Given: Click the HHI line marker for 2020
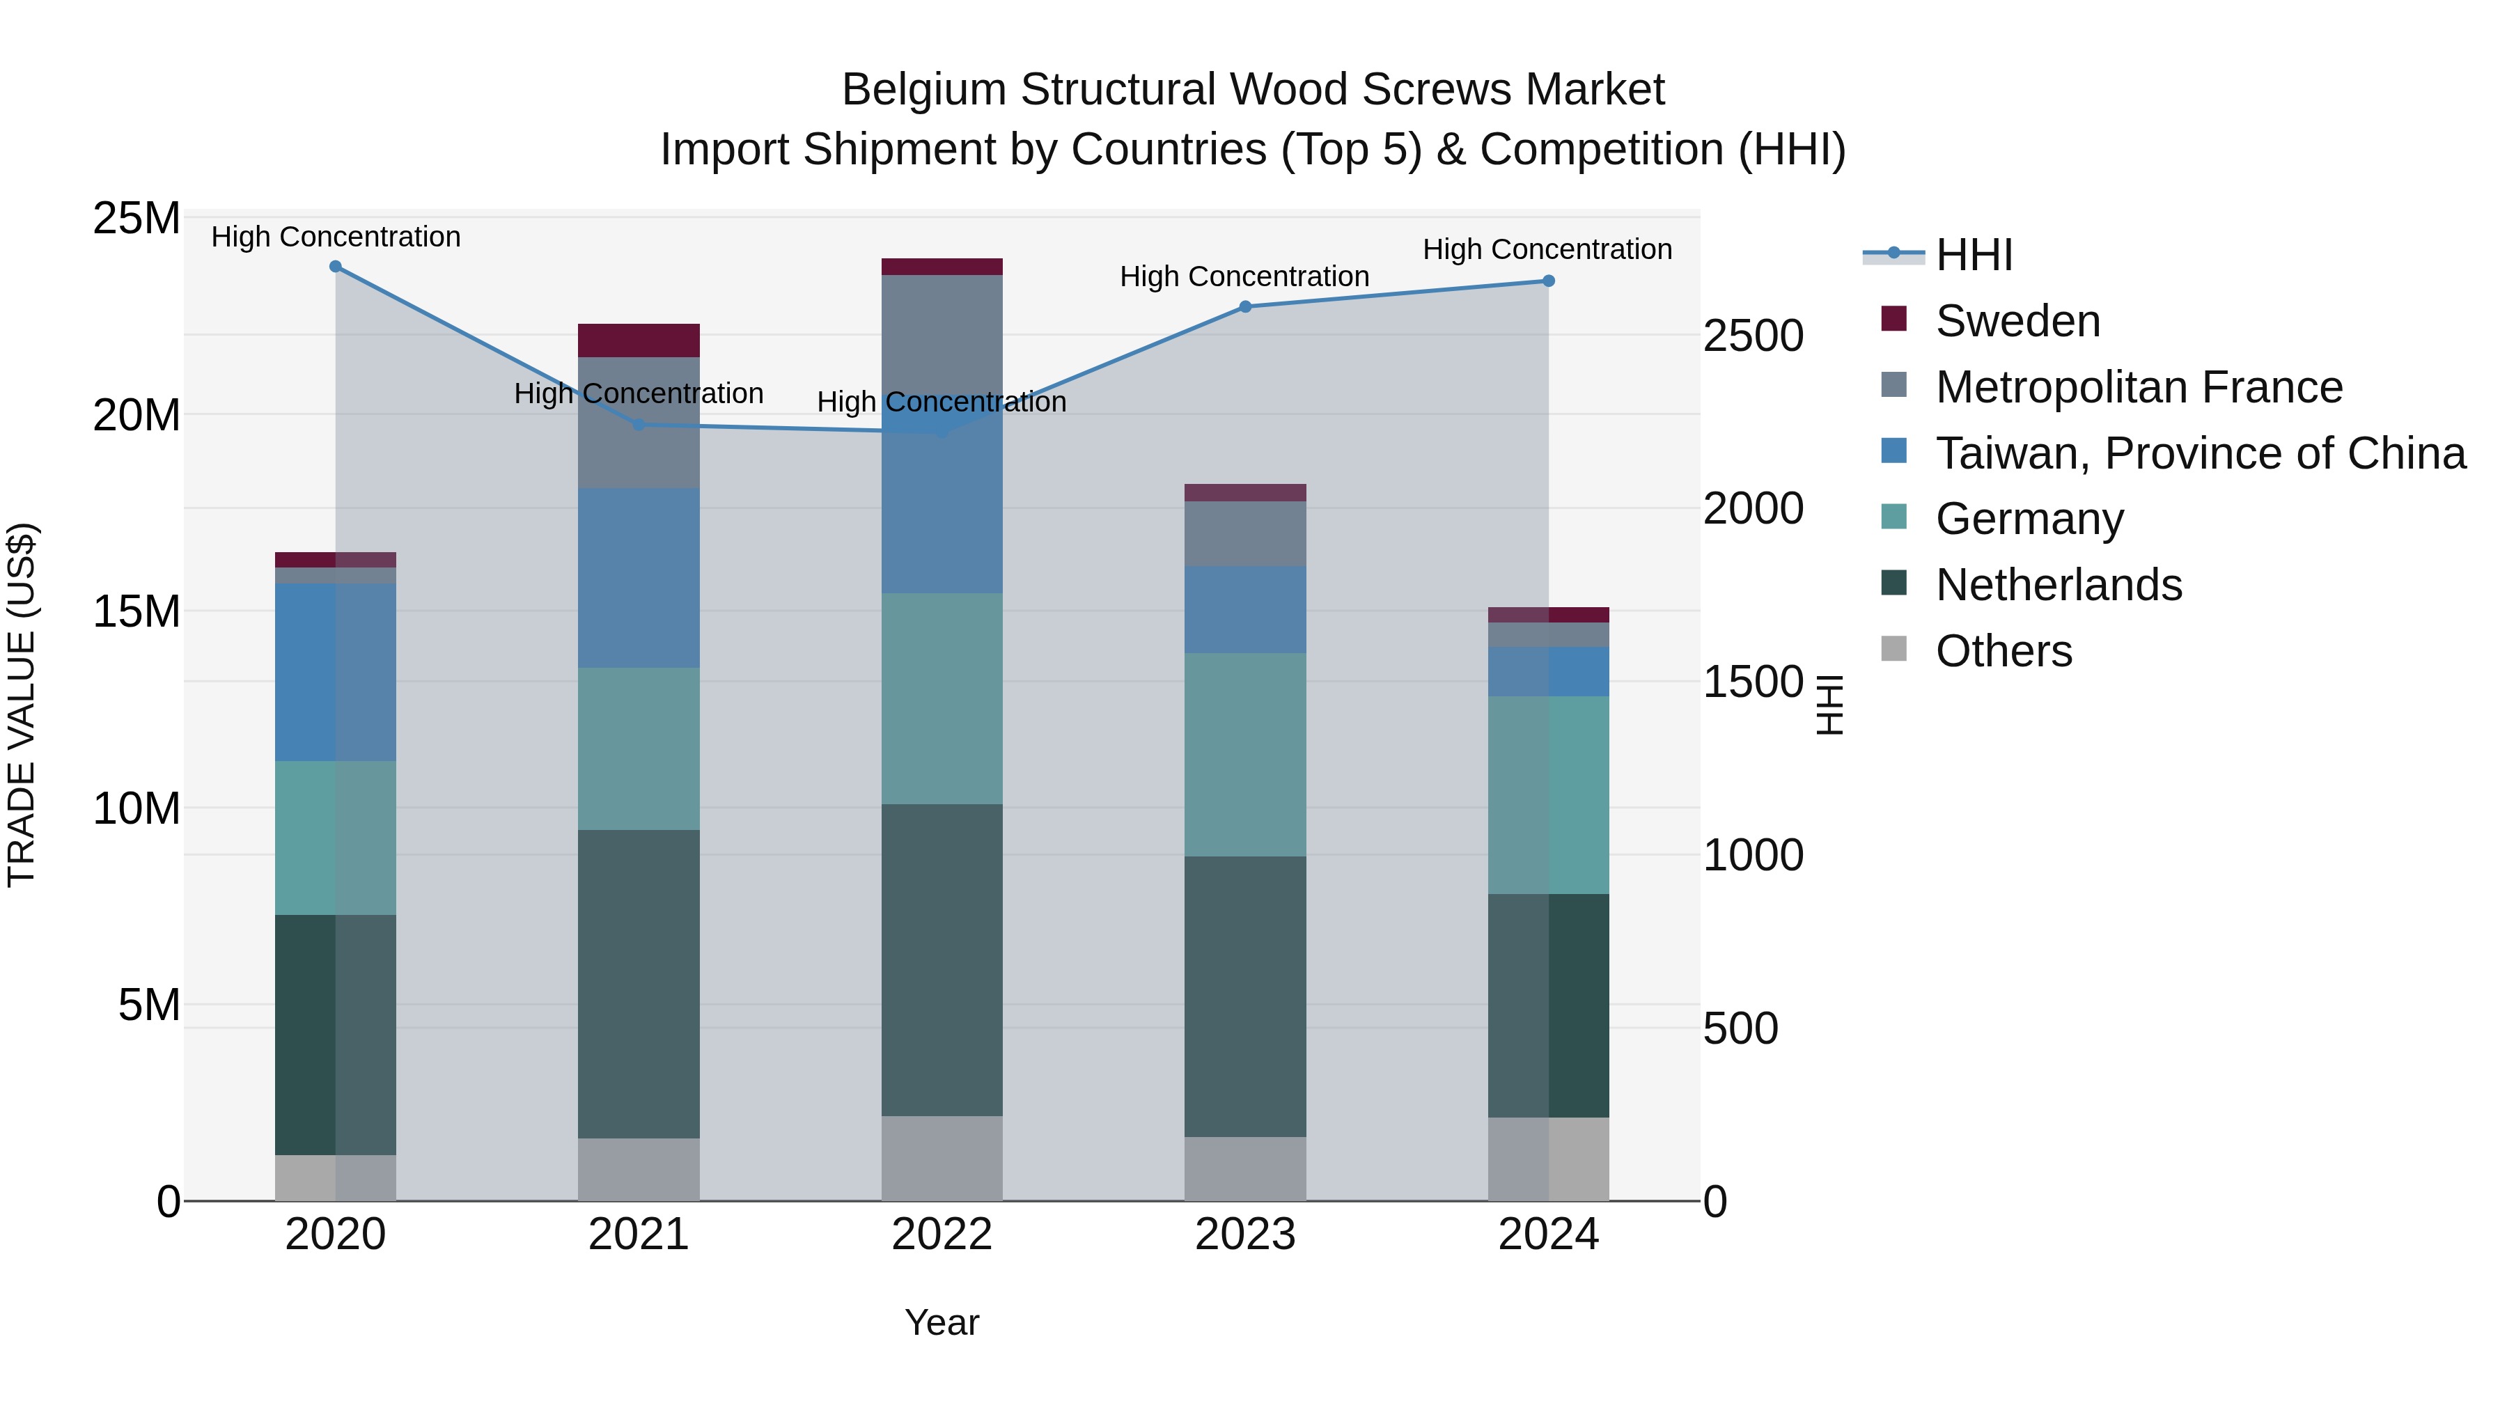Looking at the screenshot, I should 336,267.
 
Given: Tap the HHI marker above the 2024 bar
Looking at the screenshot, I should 1548,281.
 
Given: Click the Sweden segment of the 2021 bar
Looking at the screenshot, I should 639,340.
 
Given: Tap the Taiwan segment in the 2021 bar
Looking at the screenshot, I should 639,577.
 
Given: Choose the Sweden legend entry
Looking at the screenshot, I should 2017,321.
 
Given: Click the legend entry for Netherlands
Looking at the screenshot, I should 2059,585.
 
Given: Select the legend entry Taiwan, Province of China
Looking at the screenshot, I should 2199,453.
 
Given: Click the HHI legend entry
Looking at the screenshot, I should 1974,255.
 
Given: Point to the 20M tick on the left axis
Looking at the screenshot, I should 136,416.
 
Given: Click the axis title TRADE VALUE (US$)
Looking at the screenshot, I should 22,705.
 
